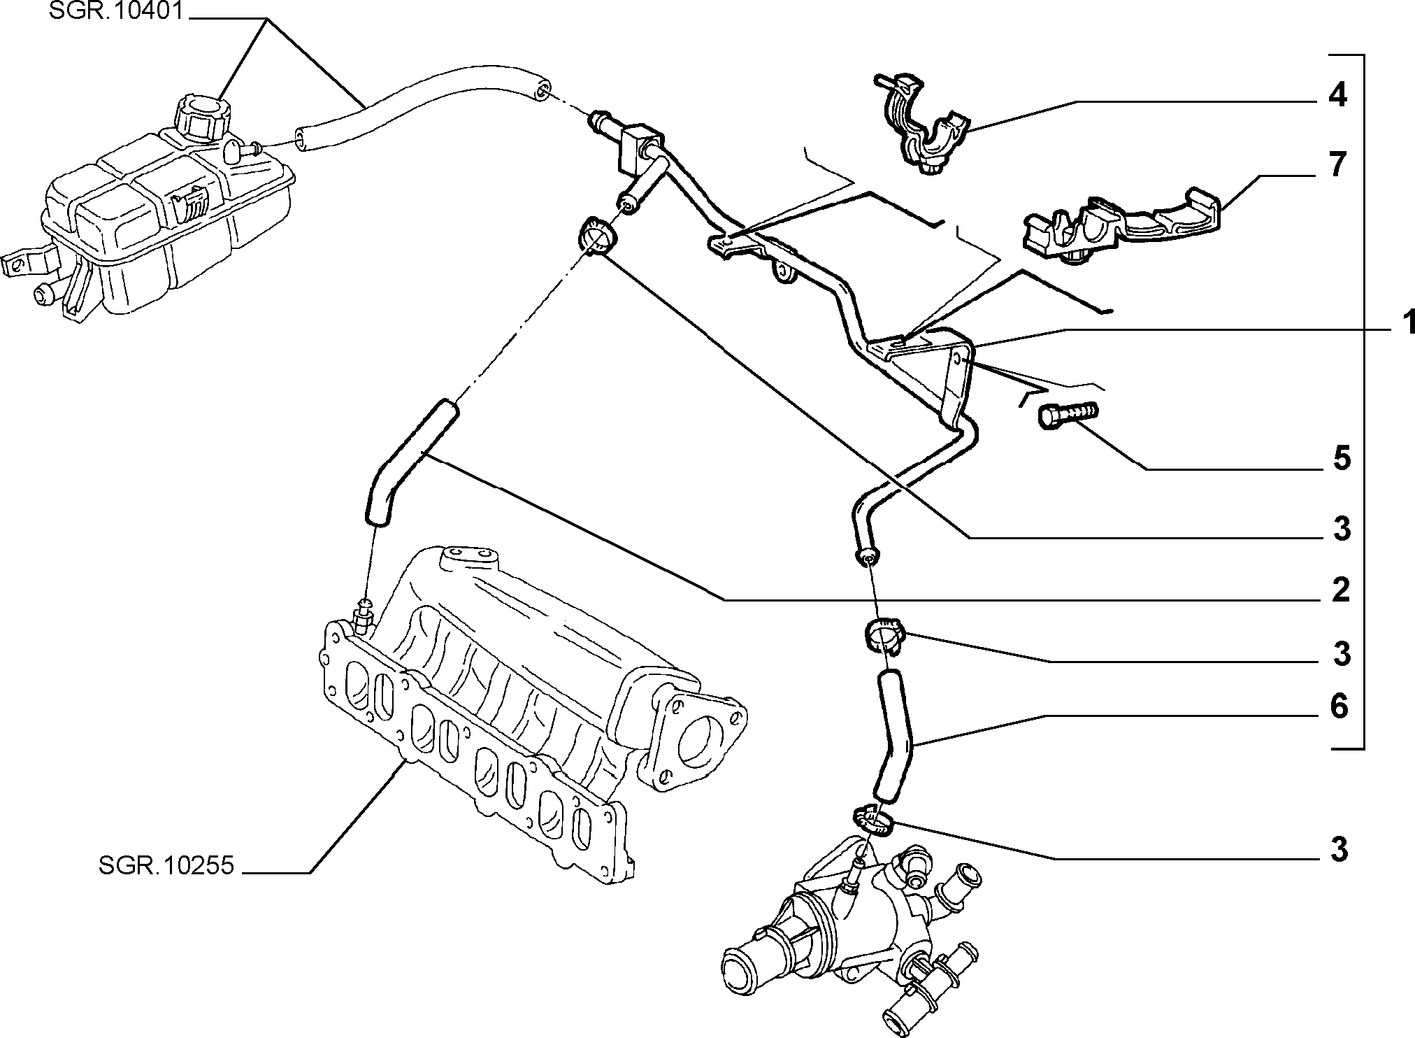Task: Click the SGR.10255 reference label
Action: click(x=166, y=866)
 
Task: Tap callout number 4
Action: click(x=1337, y=96)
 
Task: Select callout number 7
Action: click(x=1337, y=166)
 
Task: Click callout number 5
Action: click(x=1340, y=459)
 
